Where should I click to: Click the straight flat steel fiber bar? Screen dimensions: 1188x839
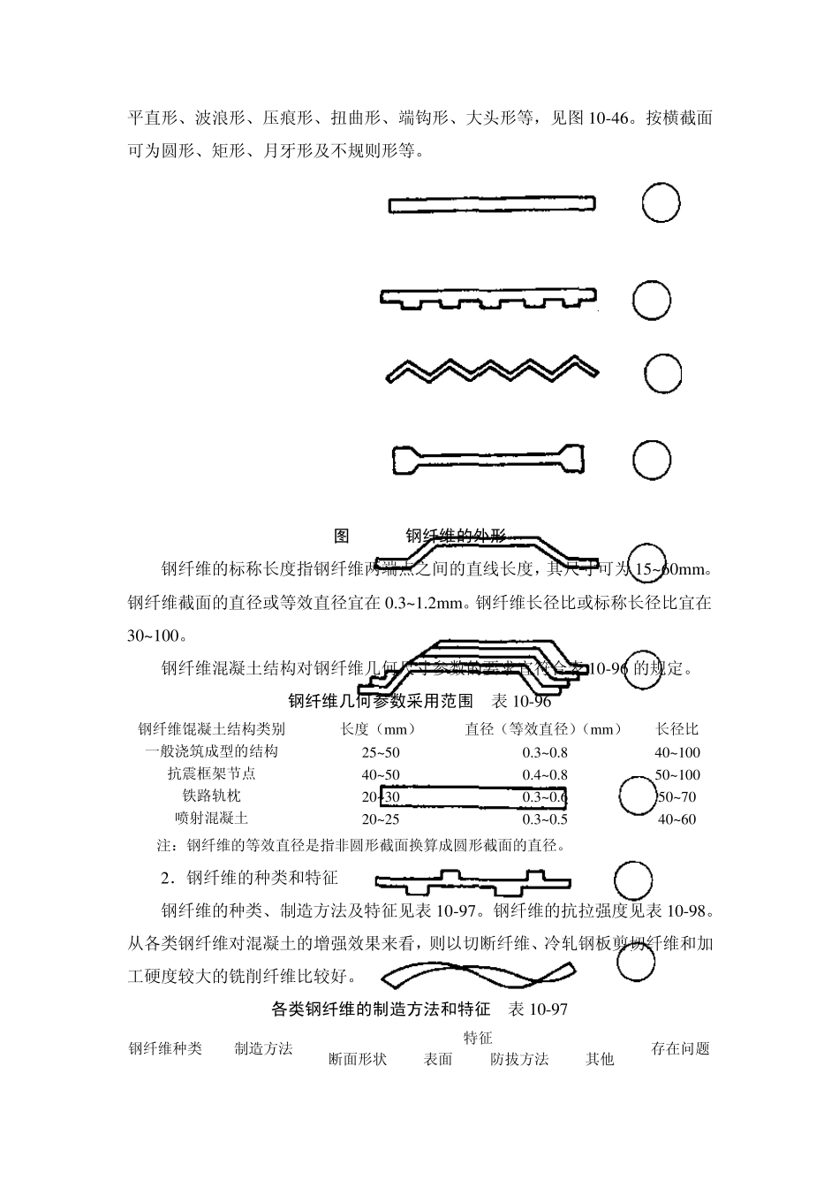point(491,205)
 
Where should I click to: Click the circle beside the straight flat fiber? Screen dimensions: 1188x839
point(661,204)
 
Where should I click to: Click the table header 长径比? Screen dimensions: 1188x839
point(677,729)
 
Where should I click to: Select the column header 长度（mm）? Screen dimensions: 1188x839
point(378,729)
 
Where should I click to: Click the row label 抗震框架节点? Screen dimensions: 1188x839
point(212,774)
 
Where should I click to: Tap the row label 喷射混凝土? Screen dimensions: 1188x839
point(212,819)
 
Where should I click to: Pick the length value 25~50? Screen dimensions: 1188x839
point(381,752)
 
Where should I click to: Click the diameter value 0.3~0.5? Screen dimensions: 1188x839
point(545,819)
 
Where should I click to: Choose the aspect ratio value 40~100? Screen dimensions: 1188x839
point(677,752)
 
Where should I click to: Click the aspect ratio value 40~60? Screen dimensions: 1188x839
point(677,819)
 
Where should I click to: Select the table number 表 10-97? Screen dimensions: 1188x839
point(538,1009)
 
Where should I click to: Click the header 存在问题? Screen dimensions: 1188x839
point(681,1048)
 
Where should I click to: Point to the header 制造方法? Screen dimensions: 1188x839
point(263,1048)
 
